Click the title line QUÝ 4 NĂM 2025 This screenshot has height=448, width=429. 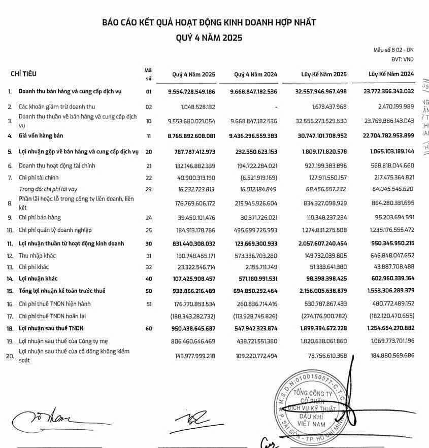tap(209, 38)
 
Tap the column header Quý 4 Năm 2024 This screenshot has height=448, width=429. tap(256, 74)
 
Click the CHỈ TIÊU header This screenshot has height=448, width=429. tap(23, 74)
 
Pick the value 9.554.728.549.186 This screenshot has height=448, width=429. tap(191, 92)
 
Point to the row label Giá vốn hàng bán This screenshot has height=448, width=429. tap(43, 136)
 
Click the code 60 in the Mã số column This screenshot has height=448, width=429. tap(149, 329)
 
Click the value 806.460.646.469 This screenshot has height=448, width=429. tap(191, 341)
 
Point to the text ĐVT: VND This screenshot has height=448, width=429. tap(402, 59)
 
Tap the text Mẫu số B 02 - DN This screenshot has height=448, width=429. tap(393, 50)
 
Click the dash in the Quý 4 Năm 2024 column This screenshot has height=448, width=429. tap(274, 107)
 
